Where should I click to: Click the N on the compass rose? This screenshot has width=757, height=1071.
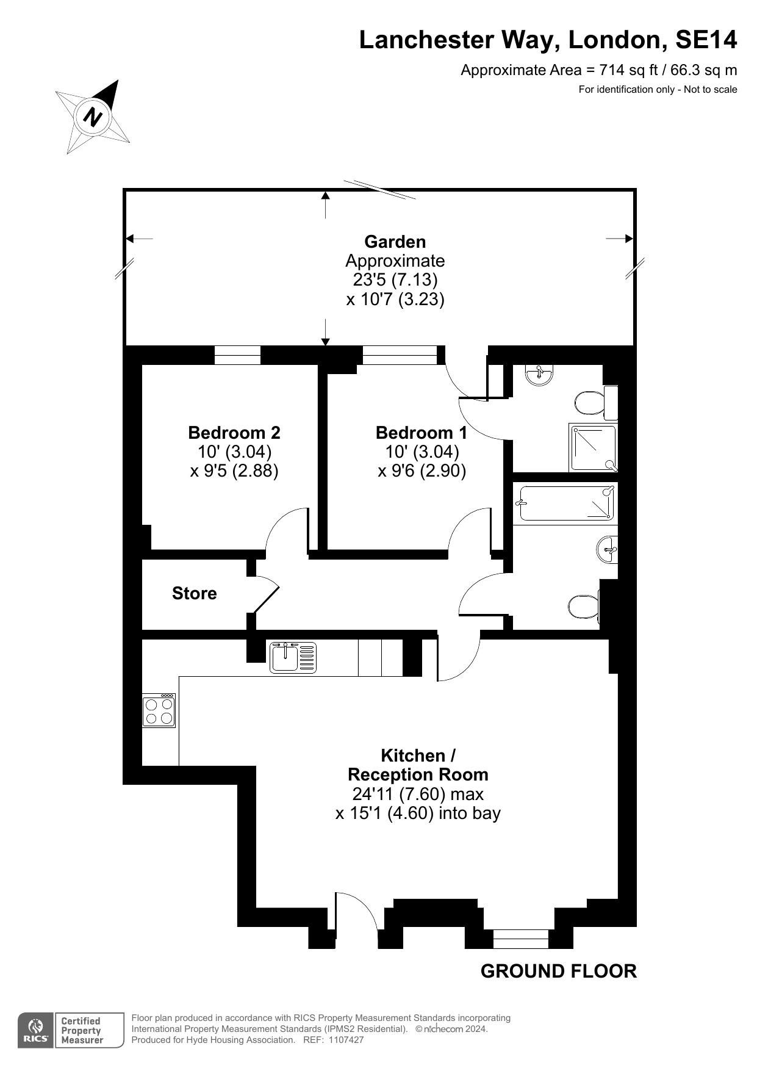coord(93,116)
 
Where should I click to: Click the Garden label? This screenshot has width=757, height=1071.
coord(395,242)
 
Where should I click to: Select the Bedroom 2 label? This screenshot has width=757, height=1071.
coord(234,433)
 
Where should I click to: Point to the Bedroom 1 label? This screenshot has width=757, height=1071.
coord(422,433)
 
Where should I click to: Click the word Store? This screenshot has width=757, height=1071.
coord(194,593)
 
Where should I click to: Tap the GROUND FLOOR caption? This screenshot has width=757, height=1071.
coord(559,971)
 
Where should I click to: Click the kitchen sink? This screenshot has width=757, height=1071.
coord(293,657)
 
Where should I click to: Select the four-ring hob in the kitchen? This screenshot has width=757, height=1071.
coord(159,710)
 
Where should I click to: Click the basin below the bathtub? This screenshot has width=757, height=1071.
coord(608,550)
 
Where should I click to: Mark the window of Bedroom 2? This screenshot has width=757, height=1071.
coord(237,355)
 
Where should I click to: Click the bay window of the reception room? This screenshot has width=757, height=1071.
coord(521,939)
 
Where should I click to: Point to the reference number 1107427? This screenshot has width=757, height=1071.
coord(345,1040)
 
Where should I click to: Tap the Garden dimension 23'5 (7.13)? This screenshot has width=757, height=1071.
coord(395,279)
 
